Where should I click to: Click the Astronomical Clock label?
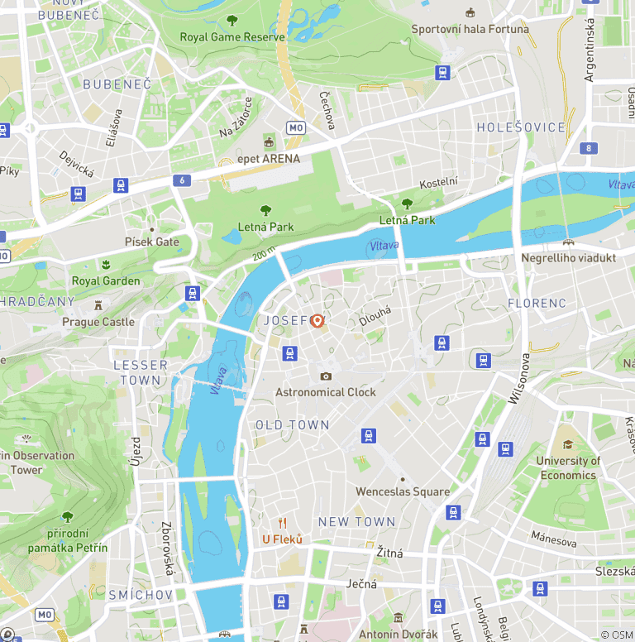(x=326, y=392)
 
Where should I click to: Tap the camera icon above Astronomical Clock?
(x=326, y=376)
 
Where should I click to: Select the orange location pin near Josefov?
(x=317, y=321)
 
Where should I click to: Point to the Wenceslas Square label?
(x=402, y=491)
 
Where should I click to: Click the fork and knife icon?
(x=282, y=523)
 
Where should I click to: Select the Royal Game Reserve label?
(x=232, y=37)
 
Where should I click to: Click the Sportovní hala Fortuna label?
(x=470, y=29)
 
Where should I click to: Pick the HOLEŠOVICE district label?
(x=521, y=127)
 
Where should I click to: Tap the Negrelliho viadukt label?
(x=568, y=258)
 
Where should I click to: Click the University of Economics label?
(x=568, y=467)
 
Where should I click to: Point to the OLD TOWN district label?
(x=292, y=424)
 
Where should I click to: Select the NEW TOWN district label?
(x=356, y=521)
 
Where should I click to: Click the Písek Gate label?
(x=151, y=242)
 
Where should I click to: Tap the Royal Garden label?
(x=106, y=280)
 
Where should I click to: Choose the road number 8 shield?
(x=589, y=149)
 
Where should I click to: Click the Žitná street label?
(x=389, y=553)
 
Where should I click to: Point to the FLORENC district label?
(x=537, y=303)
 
